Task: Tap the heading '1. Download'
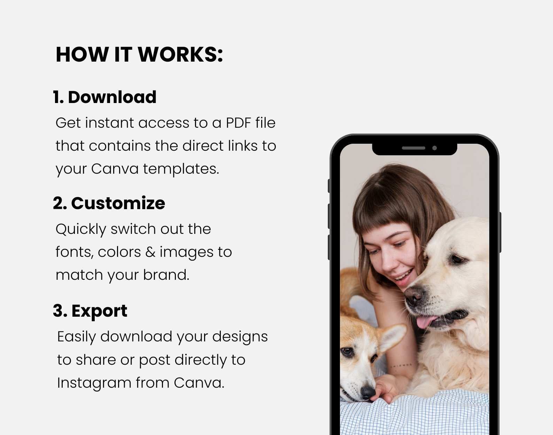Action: pyautogui.click(x=104, y=97)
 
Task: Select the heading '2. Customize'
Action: pyautogui.click(x=109, y=203)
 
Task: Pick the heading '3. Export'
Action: pyautogui.click(x=90, y=311)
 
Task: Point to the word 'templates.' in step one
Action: pyautogui.click(x=181, y=169)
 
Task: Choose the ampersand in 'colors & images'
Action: pyautogui.click(x=150, y=252)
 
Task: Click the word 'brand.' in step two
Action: pyautogui.click(x=166, y=275)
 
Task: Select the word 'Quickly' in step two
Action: pyautogui.click(x=81, y=229)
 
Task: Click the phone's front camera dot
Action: pyautogui.click(x=435, y=148)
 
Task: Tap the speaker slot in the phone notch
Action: pyautogui.click(x=413, y=148)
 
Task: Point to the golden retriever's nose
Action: pyautogui.click(x=413, y=294)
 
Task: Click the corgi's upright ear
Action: pyautogui.click(x=393, y=337)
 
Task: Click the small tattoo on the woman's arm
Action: pyautogui.click(x=401, y=365)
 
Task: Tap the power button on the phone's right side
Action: pyautogui.click(x=500, y=232)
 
